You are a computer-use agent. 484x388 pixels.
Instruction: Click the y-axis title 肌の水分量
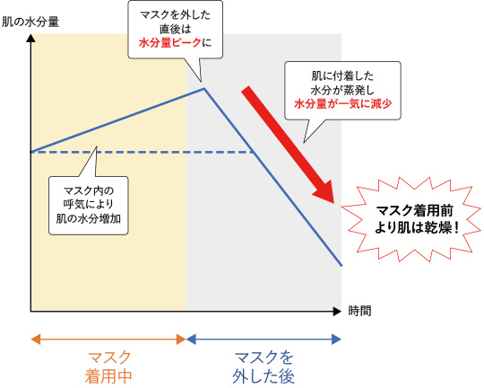(30, 22)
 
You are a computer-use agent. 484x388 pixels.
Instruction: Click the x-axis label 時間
(359, 311)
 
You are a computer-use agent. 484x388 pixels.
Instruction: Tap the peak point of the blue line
(204, 89)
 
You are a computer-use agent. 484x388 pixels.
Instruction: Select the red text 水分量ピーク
(169, 43)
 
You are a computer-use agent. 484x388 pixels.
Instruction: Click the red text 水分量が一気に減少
(343, 103)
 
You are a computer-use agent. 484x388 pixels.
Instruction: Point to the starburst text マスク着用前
(415, 211)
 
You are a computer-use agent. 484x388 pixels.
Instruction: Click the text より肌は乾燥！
(417, 228)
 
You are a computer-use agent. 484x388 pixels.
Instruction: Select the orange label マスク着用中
(108, 367)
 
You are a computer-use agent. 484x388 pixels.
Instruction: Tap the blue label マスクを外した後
(264, 367)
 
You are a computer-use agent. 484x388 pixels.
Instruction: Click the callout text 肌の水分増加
(89, 218)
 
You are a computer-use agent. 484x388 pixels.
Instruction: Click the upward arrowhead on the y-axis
(30, 38)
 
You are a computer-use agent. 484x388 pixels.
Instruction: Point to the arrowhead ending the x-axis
(337, 312)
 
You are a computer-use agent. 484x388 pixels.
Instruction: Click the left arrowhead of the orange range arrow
(36, 339)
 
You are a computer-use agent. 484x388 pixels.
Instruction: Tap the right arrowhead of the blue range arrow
(336, 339)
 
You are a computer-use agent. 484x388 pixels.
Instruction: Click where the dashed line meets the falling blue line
(254, 152)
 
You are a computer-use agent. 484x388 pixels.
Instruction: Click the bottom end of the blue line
(341, 265)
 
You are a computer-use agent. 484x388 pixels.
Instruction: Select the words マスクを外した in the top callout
(176, 15)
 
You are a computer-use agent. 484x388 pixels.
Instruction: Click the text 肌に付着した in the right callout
(342, 76)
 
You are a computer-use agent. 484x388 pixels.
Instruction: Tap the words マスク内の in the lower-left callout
(89, 190)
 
